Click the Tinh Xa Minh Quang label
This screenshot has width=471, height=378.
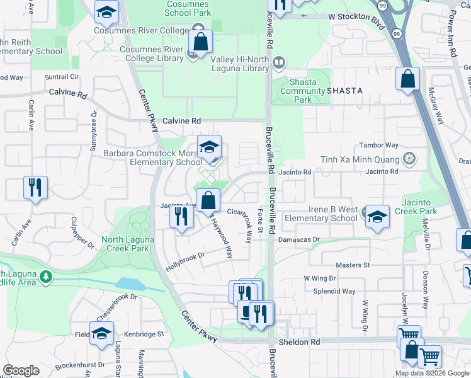(x=360, y=159)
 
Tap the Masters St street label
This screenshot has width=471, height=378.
(x=353, y=266)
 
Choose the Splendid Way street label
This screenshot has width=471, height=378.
(x=338, y=292)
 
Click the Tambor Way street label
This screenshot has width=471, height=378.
(x=378, y=145)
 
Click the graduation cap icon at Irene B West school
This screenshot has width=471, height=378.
(x=377, y=216)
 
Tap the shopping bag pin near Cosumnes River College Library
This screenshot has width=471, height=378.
(x=200, y=43)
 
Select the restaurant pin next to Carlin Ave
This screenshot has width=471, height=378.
(x=35, y=187)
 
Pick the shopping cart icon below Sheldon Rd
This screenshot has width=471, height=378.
(x=429, y=357)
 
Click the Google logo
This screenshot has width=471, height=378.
(x=21, y=370)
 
